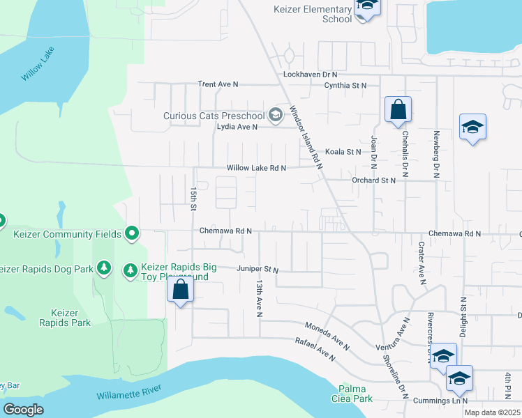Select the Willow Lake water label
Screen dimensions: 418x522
pyautogui.click(x=38, y=64)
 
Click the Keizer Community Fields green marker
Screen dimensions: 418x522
pyautogui.click(x=132, y=233)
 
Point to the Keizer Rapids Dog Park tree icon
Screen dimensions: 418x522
pyautogui.click(x=103, y=268)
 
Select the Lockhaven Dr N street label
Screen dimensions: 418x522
pyautogui.click(x=310, y=74)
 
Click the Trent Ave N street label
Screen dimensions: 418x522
pyautogui.click(x=218, y=84)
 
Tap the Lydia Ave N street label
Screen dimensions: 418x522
pyautogui.click(x=237, y=127)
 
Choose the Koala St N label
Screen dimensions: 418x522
pyautogui.click(x=343, y=151)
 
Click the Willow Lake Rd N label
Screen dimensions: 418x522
pyautogui.click(x=256, y=168)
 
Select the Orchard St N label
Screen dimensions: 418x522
pyautogui.click(x=373, y=180)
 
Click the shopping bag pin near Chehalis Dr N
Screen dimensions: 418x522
pyautogui.click(x=398, y=110)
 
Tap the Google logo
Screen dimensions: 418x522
pyautogui.click(x=24, y=410)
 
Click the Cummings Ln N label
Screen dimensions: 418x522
pyautogui.click(x=439, y=401)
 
